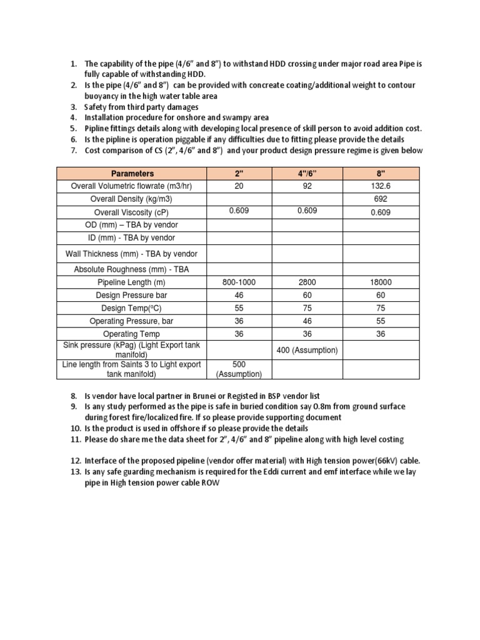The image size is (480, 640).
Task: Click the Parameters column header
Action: pyautogui.click(x=132, y=173)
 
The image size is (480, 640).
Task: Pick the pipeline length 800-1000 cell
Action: pyautogui.click(x=239, y=282)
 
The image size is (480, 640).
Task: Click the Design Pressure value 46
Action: pyautogui.click(x=239, y=295)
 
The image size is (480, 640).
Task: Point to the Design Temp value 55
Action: pyautogui.click(x=239, y=308)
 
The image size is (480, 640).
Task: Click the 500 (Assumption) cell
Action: pyautogui.click(x=239, y=369)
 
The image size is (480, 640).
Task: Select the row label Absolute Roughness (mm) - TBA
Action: pyautogui.click(x=132, y=269)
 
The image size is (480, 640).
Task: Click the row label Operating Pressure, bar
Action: pyautogui.click(x=132, y=321)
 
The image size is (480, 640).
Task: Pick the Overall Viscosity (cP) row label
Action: pyautogui.click(x=132, y=212)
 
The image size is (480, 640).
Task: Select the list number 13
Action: pyautogui.click(x=74, y=472)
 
